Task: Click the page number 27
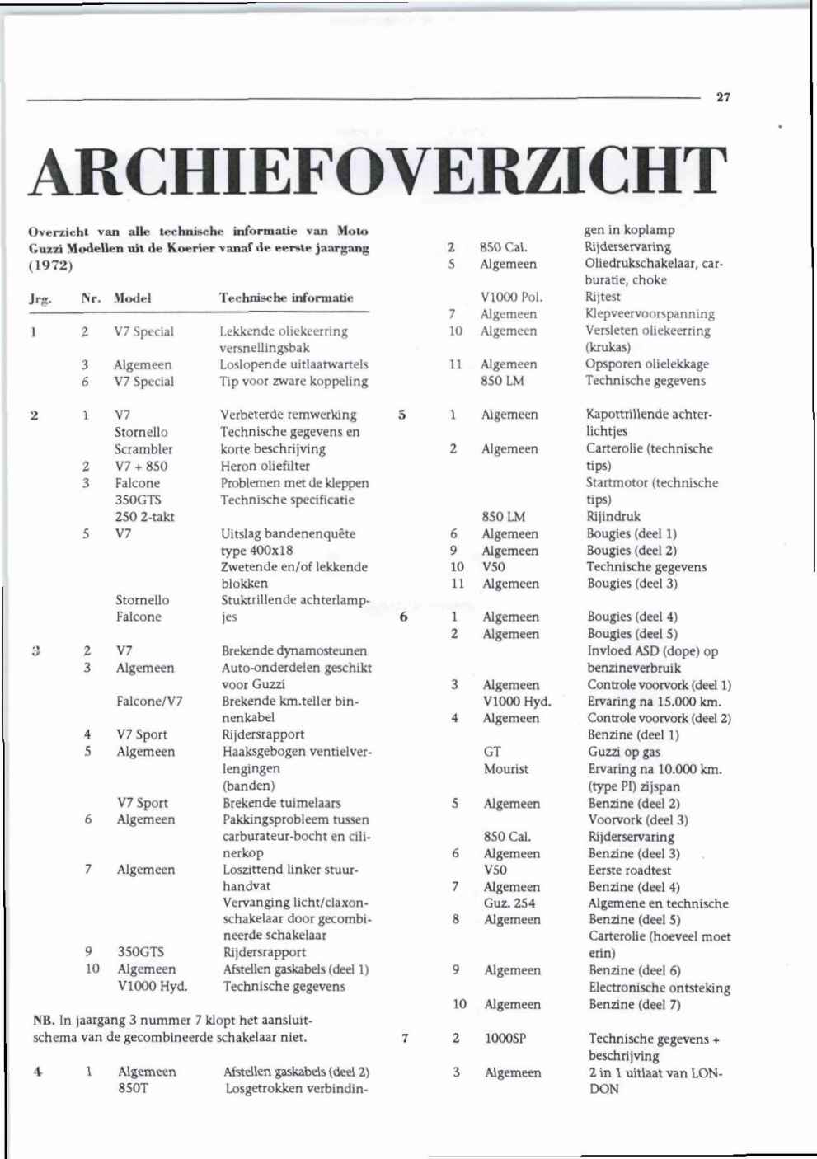[723, 97]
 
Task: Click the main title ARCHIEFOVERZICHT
[378, 171]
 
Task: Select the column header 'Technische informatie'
[286, 298]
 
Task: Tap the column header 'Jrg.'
[40, 298]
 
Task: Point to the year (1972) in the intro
[51, 265]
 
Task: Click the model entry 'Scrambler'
[143, 449]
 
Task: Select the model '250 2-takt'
[144, 517]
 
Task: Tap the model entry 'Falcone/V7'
[149, 701]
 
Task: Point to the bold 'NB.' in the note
[44, 1021]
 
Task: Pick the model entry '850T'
[134, 1088]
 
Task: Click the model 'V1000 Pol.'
[511, 297]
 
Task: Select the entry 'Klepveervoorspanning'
[650, 314]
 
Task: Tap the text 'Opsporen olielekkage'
[646, 364]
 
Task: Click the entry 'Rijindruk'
[613, 517]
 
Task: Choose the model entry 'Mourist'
[506, 769]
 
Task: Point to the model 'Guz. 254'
[509, 903]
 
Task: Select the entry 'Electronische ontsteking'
[660, 988]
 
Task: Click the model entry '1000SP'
[505, 1039]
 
